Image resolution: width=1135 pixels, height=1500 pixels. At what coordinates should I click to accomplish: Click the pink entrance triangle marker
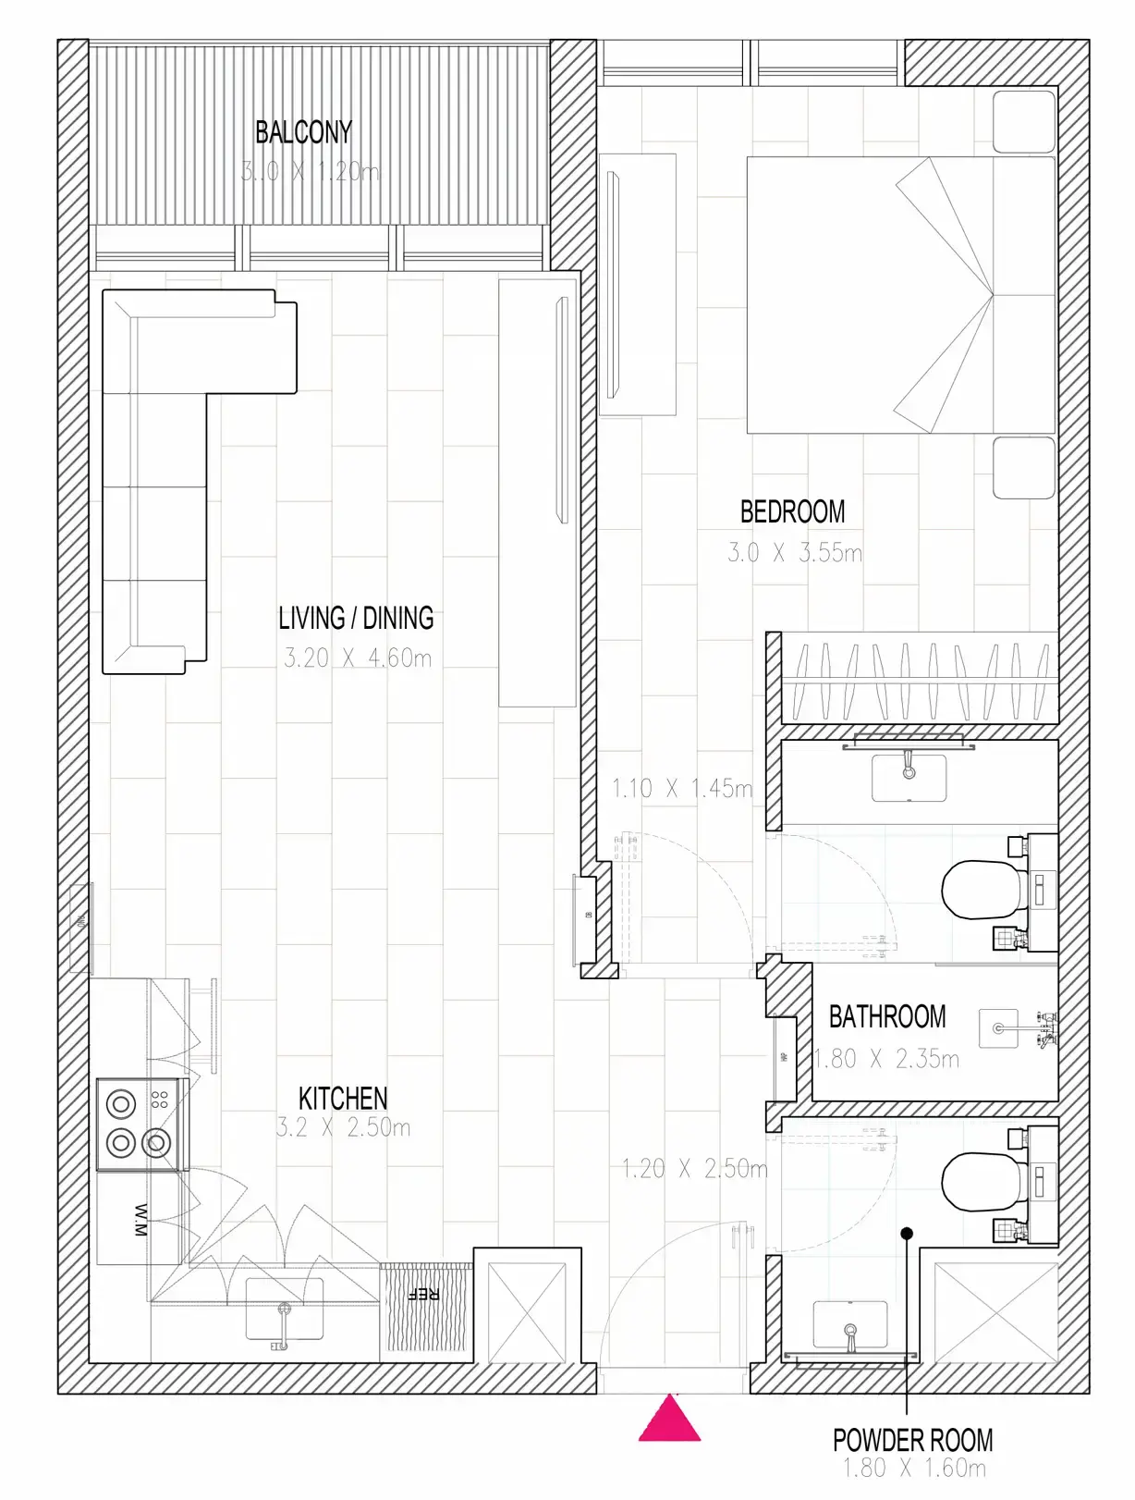point(669,1420)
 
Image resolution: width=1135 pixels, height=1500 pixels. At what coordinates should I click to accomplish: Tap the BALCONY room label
point(303,132)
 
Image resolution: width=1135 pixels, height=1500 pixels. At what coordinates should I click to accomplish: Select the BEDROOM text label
point(792,511)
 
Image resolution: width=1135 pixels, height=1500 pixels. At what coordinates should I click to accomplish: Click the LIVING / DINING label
point(356,618)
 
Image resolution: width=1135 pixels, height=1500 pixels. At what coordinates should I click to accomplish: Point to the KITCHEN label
point(343,1099)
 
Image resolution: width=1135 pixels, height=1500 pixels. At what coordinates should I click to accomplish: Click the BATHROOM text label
point(887,1017)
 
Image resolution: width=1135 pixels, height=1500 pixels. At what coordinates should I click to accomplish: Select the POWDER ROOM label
point(912,1440)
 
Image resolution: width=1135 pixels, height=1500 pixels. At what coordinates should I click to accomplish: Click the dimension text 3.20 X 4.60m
point(358,658)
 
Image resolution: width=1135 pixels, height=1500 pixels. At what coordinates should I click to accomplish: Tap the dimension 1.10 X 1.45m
point(682,789)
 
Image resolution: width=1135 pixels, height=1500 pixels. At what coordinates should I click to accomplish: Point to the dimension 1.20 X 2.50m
point(694,1169)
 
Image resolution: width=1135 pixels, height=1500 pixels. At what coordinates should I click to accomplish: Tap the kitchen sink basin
point(284,1309)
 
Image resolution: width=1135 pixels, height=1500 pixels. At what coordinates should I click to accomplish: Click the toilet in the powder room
point(983,1181)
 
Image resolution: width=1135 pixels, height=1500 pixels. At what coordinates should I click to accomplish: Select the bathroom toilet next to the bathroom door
point(983,890)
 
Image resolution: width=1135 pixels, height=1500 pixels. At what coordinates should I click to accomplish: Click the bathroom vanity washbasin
point(909,779)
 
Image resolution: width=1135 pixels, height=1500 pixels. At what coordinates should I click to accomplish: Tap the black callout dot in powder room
point(907,1233)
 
